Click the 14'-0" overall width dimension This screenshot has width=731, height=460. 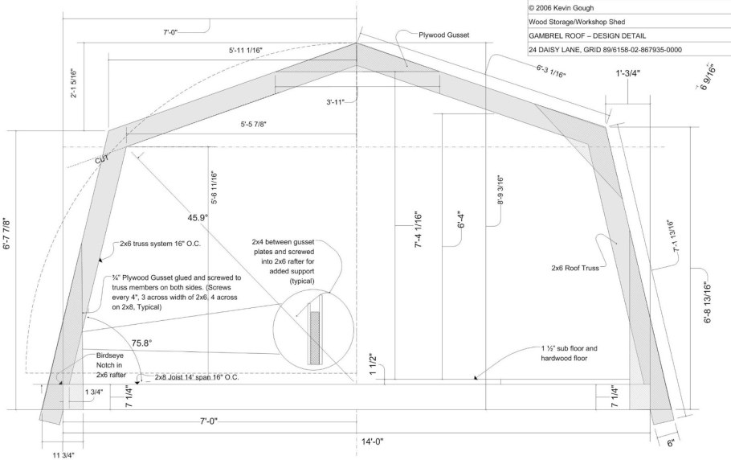pos(373,442)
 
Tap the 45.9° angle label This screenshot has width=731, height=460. pos(198,217)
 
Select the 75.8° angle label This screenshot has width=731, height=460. pos(141,343)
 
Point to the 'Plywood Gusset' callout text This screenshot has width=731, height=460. pos(443,35)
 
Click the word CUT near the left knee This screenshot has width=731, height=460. pos(102,159)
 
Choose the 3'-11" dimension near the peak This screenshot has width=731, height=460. pos(335,101)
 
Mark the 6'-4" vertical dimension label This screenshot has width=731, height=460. pos(461,220)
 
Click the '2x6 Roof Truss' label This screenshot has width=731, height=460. pos(575,269)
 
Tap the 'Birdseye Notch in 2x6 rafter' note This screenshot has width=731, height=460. pos(111,364)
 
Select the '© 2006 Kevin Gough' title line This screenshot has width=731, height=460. pos(561,8)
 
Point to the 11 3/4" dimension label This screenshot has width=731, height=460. pos(63,455)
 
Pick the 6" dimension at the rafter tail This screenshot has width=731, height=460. pos(671,443)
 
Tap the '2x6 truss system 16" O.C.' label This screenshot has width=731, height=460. pos(161,244)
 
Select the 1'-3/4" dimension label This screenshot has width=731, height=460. pos(628,72)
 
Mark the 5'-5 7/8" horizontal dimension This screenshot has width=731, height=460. pos(253,124)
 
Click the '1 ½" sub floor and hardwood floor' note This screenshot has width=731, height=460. pos(569,353)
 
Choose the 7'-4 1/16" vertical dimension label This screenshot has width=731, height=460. pos(418,229)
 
